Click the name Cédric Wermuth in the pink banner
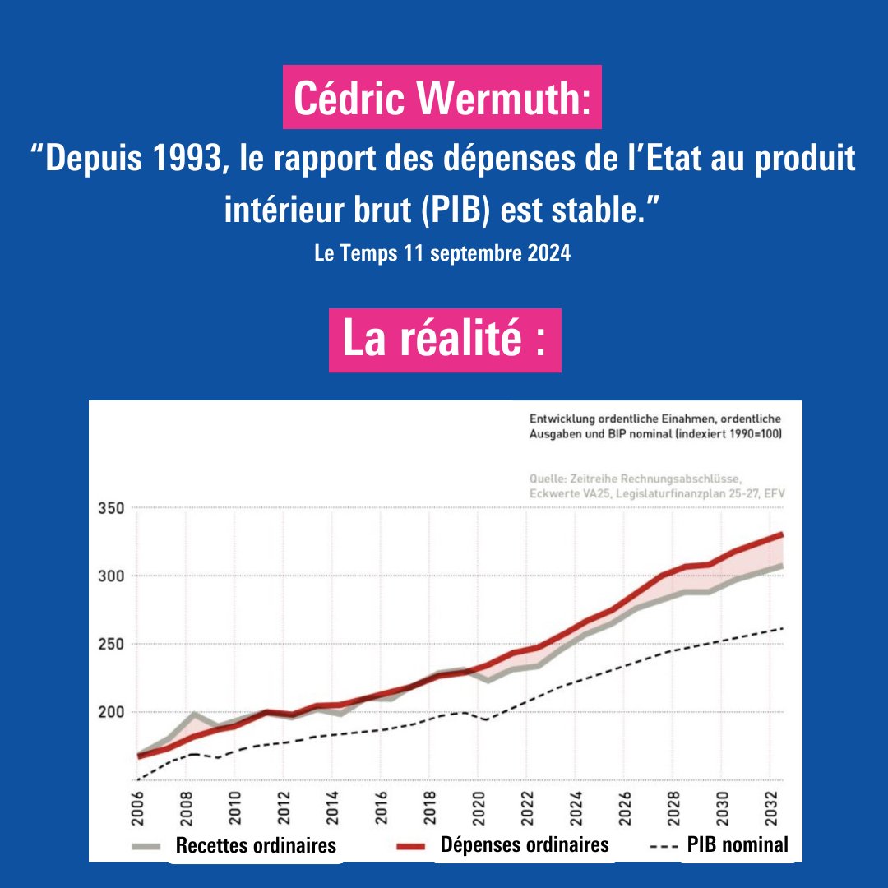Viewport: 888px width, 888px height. click(442, 97)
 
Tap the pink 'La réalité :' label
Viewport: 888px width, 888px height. click(445, 340)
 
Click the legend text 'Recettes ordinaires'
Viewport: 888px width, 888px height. click(256, 845)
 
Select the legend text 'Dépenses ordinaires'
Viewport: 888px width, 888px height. click(525, 844)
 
